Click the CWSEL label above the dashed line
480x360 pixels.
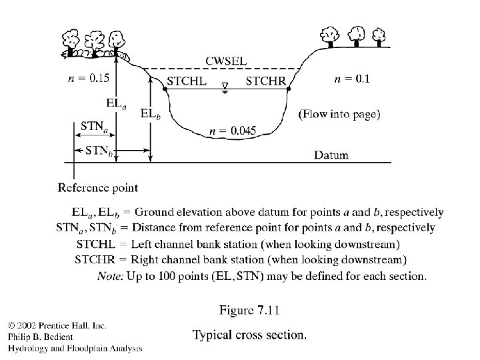(226, 61)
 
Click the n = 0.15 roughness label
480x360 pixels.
(89, 79)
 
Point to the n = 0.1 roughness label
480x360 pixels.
(351, 79)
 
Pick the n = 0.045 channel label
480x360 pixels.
(231, 131)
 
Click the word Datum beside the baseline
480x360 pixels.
(331, 155)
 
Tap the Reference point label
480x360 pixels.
(98, 188)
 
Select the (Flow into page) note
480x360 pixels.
(339, 114)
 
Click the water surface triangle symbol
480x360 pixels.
(225, 87)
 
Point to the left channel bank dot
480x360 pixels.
(164, 89)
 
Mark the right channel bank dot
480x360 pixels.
(288, 89)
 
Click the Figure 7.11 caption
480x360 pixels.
(249, 310)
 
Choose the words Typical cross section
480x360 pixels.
(249, 335)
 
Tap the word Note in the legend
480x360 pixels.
(111, 274)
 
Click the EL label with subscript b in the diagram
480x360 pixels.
(149, 114)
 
